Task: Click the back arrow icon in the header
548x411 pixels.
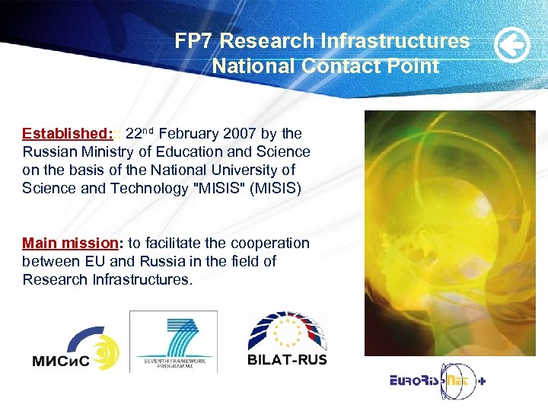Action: (512, 46)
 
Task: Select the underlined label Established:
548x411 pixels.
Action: (68, 133)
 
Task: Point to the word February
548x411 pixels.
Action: (192, 133)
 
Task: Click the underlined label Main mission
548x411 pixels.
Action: (69, 243)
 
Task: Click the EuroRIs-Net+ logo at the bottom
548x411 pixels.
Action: (431, 380)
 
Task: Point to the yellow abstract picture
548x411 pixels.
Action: (450, 233)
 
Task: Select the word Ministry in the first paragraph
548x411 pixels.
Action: (100, 151)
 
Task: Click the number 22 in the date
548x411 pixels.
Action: (134, 133)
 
